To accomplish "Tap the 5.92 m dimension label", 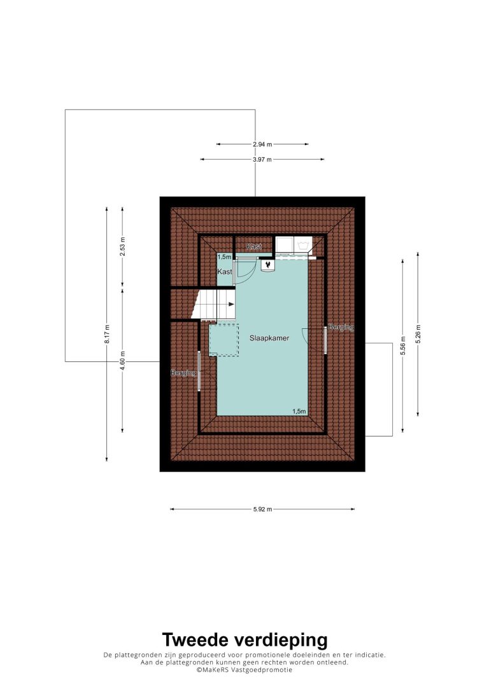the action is pos(262,510).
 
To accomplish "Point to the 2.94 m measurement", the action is pos(262,144).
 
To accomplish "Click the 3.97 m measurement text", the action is pos(262,160).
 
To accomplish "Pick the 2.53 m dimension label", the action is pos(123,246).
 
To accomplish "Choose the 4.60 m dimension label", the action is pos(123,360).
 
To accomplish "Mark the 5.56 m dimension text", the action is pos(402,346).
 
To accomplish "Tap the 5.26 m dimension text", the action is pos(418,334).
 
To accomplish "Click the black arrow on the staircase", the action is pos(230,304).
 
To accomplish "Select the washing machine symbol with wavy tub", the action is pos(303,244).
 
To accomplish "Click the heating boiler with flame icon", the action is pos(267,265).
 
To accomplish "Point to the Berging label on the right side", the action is pos(341,327).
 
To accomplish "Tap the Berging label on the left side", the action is pos(183,373).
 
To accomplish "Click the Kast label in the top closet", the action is pos(254,246).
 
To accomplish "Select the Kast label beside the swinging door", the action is pos(225,272).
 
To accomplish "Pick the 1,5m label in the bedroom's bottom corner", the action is pos(299,411).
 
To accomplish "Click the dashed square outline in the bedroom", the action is pos(223,340).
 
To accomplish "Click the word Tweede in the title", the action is pos(196,639).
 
